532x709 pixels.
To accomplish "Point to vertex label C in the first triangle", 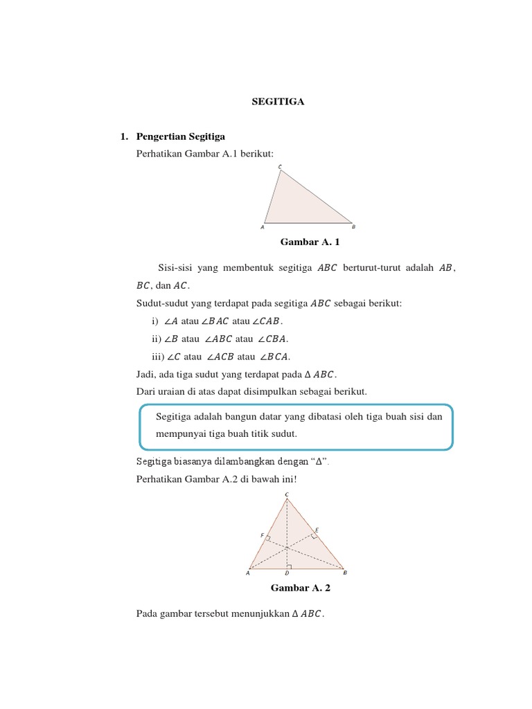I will click(x=280, y=167).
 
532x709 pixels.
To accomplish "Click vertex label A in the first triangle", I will click(x=263, y=227).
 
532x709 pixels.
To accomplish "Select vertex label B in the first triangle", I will click(x=353, y=227).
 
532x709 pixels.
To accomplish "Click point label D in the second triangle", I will click(x=287, y=574).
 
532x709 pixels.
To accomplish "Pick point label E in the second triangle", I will click(x=317, y=530).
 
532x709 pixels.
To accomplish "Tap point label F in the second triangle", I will click(x=262, y=535).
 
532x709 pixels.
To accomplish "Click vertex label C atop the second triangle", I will click(x=287, y=494).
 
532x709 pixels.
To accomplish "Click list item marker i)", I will click(x=154, y=321).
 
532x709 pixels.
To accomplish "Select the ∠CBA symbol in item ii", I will click(x=272, y=339).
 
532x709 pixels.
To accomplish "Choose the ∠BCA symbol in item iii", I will click(x=274, y=357).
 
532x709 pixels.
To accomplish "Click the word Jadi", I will click(x=147, y=375).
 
